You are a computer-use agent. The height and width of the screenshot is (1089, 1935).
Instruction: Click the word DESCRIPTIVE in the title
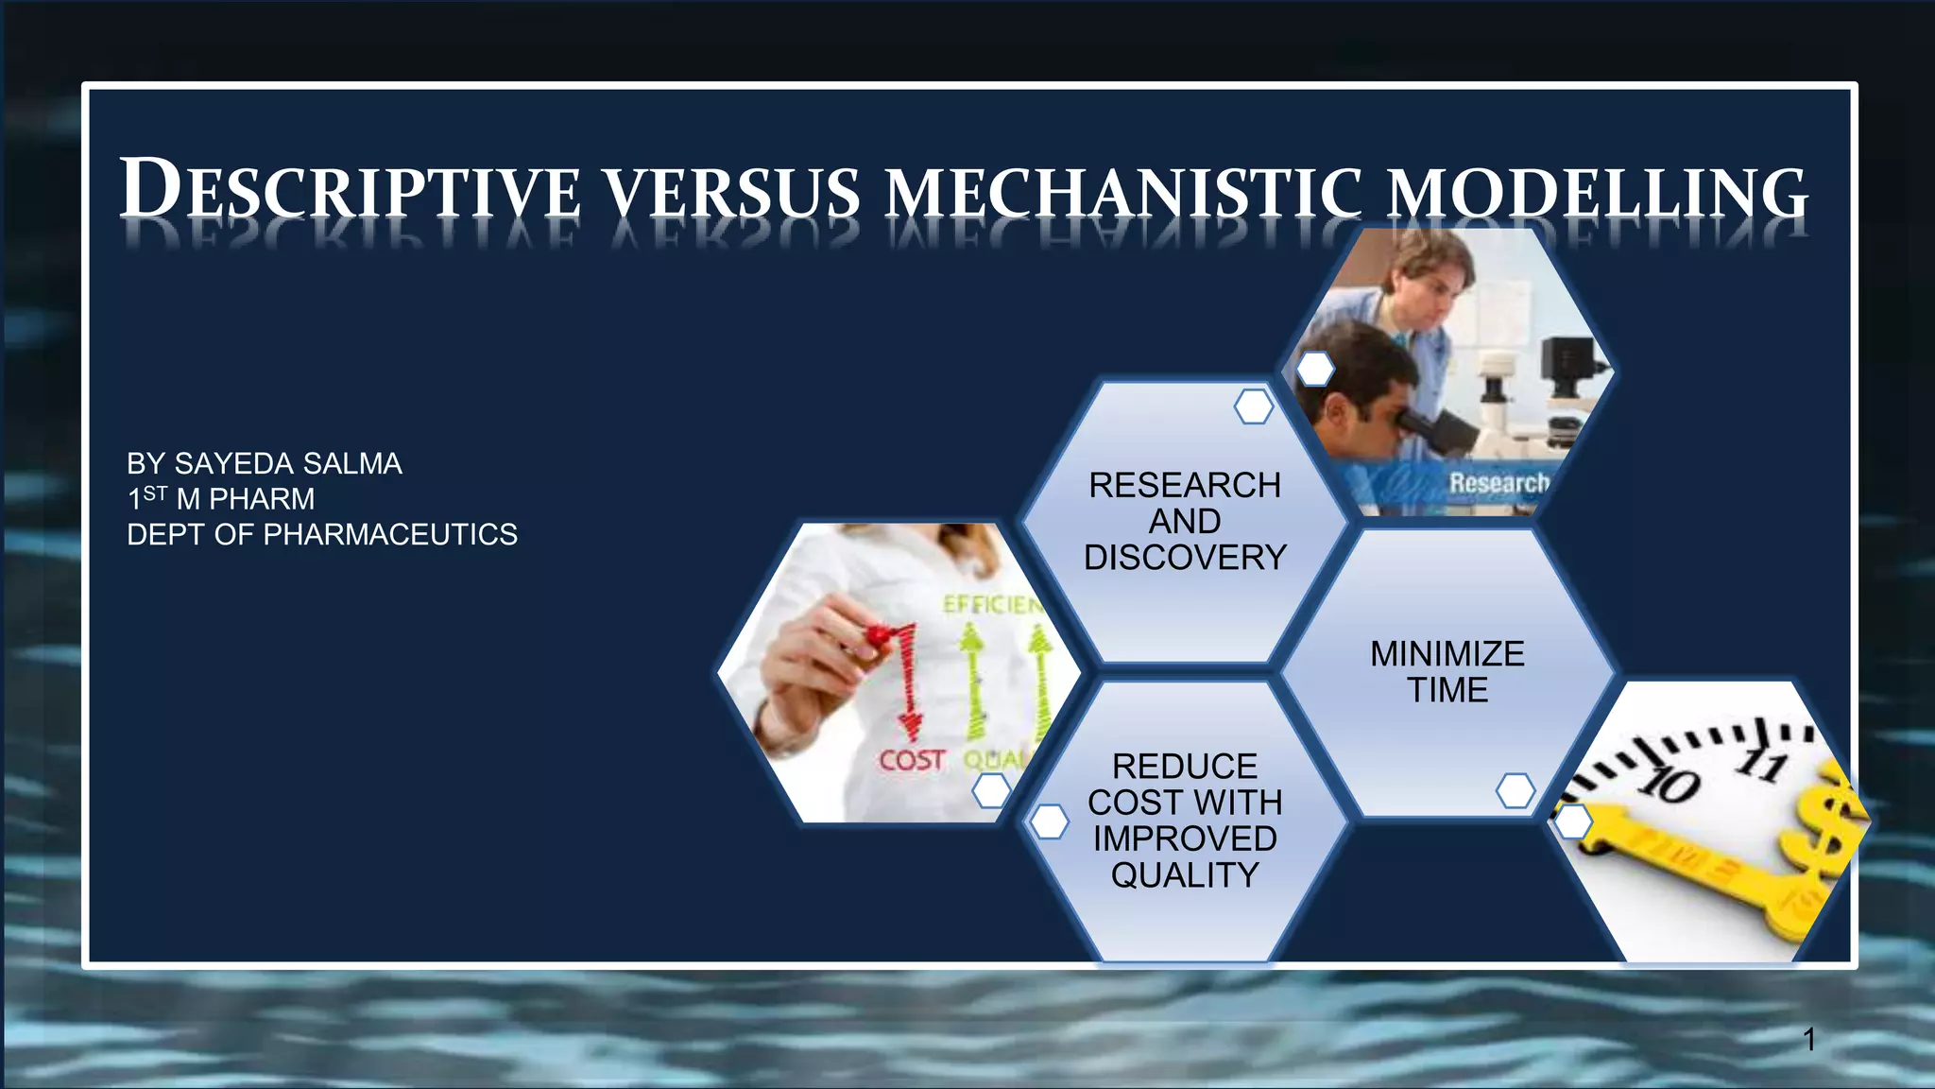pyautogui.click(x=350, y=190)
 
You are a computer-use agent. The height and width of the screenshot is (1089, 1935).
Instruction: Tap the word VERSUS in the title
pyautogui.click(x=732, y=192)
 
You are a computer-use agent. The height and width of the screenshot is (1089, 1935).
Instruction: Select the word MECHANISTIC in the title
pyautogui.click(x=1124, y=192)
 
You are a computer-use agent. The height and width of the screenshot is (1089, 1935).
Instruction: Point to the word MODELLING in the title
pyautogui.click(x=1597, y=192)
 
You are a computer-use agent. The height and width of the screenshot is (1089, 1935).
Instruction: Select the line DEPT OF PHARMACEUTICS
pyautogui.click(x=322, y=534)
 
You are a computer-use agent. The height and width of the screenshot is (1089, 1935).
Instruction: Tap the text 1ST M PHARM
pyautogui.click(x=221, y=498)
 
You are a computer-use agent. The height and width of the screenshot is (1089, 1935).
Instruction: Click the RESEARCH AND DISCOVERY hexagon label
pyautogui.click(x=1185, y=521)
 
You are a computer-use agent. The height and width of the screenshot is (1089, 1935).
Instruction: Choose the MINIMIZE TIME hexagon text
pyautogui.click(x=1447, y=671)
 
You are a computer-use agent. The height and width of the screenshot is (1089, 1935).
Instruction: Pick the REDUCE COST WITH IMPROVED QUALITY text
pyautogui.click(x=1185, y=820)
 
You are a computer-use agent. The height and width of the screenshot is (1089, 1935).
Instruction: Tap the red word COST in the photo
pyautogui.click(x=911, y=760)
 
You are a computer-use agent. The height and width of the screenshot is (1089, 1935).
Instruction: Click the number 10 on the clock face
pyautogui.click(x=1670, y=785)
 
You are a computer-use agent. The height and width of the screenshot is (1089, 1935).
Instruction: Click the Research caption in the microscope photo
pyautogui.click(x=1498, y=483)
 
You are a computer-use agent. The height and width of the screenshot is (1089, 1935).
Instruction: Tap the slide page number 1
pyautogui.click(x=1808, y=1040)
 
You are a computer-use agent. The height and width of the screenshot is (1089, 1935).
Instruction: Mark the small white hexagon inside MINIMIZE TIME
pyautogui.click(x=1515, y=790)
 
